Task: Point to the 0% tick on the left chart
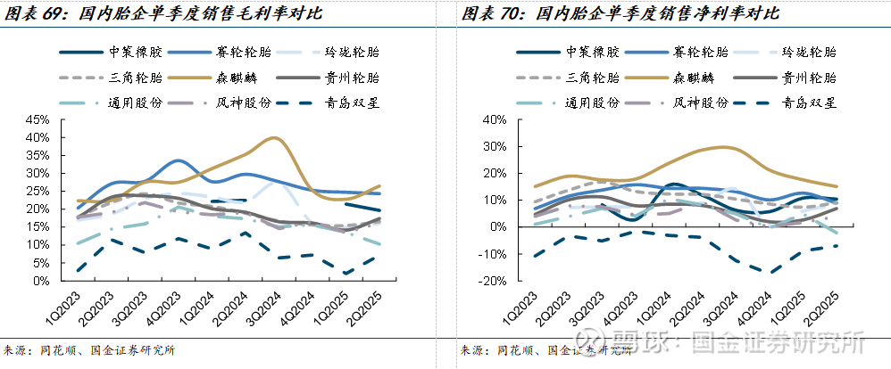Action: click(40, 281)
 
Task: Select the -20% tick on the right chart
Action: click(492, 281)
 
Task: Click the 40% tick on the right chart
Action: click(494, 119)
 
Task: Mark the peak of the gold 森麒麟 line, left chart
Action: click(274, 138)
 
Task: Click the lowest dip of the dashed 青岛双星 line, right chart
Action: click(765, 273)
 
